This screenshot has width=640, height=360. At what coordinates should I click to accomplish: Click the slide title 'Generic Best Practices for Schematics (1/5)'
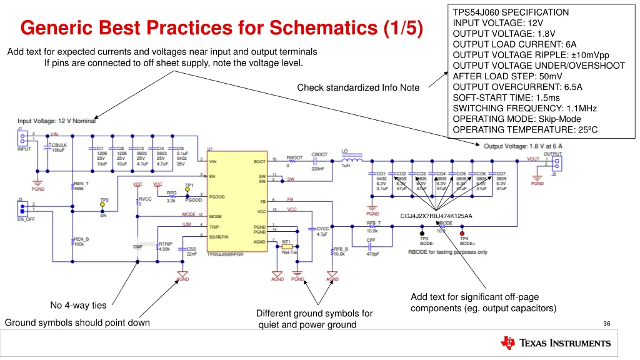click(x=221, y=28)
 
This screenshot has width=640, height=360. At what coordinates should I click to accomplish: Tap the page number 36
click(x=606, y=323)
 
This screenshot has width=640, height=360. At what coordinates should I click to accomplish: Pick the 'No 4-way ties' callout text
click(x=78, y=306)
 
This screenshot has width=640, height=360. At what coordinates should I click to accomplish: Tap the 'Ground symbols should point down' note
click(x=77, y=322)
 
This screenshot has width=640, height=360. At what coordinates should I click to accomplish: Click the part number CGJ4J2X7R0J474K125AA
click(x=436, y=216)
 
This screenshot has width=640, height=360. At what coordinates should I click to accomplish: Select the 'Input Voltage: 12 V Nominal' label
click(x=56, y=121)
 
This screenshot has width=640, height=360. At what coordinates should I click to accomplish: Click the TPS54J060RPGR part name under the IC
click(x=225, y=255)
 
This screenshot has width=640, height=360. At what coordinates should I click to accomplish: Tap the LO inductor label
click(x=345, y=151)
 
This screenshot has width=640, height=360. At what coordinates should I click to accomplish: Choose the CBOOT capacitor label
click(x=319, y=154)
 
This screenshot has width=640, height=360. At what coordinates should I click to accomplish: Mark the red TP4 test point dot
click(x=462, y=233)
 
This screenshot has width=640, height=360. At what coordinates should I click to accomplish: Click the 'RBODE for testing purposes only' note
click(x=447, y=252)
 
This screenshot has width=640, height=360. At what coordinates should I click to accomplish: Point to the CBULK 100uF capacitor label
click(x=58, y=147)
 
